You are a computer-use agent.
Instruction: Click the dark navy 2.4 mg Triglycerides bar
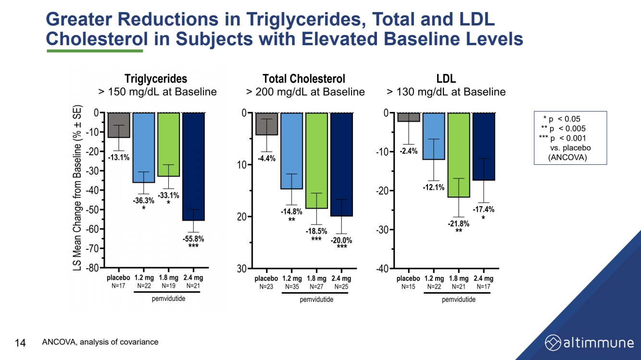point(193,166)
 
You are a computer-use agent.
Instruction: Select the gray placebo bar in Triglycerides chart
point(118,125)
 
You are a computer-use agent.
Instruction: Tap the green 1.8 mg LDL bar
point(458,155)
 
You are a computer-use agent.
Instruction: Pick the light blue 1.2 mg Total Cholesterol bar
point(291,150)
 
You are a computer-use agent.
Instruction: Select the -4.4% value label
point(266,159)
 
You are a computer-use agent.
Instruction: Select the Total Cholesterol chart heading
point(304,78)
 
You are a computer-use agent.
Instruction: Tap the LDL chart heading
point(446,78)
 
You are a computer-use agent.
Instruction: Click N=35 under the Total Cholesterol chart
point(292,287)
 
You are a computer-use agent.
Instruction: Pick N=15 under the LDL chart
point(408,287)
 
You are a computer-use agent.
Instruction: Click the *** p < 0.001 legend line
point(563,138)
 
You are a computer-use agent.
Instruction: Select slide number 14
point(21,343)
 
